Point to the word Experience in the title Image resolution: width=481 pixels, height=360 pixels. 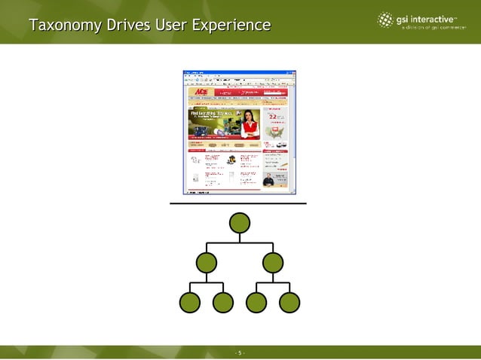231,26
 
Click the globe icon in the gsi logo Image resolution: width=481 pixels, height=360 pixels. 385,20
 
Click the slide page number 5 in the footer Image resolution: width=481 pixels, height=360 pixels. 240,352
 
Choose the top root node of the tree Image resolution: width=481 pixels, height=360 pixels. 240,223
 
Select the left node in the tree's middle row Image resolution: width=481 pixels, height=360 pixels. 206,263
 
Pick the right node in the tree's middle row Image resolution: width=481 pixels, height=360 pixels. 273,263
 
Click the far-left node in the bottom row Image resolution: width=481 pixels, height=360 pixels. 190,302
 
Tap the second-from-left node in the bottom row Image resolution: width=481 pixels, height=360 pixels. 223,302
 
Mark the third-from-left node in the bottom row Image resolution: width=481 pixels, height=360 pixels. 256,302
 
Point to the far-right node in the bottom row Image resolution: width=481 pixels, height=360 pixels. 290,302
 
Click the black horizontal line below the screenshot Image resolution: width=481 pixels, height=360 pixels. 237,203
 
